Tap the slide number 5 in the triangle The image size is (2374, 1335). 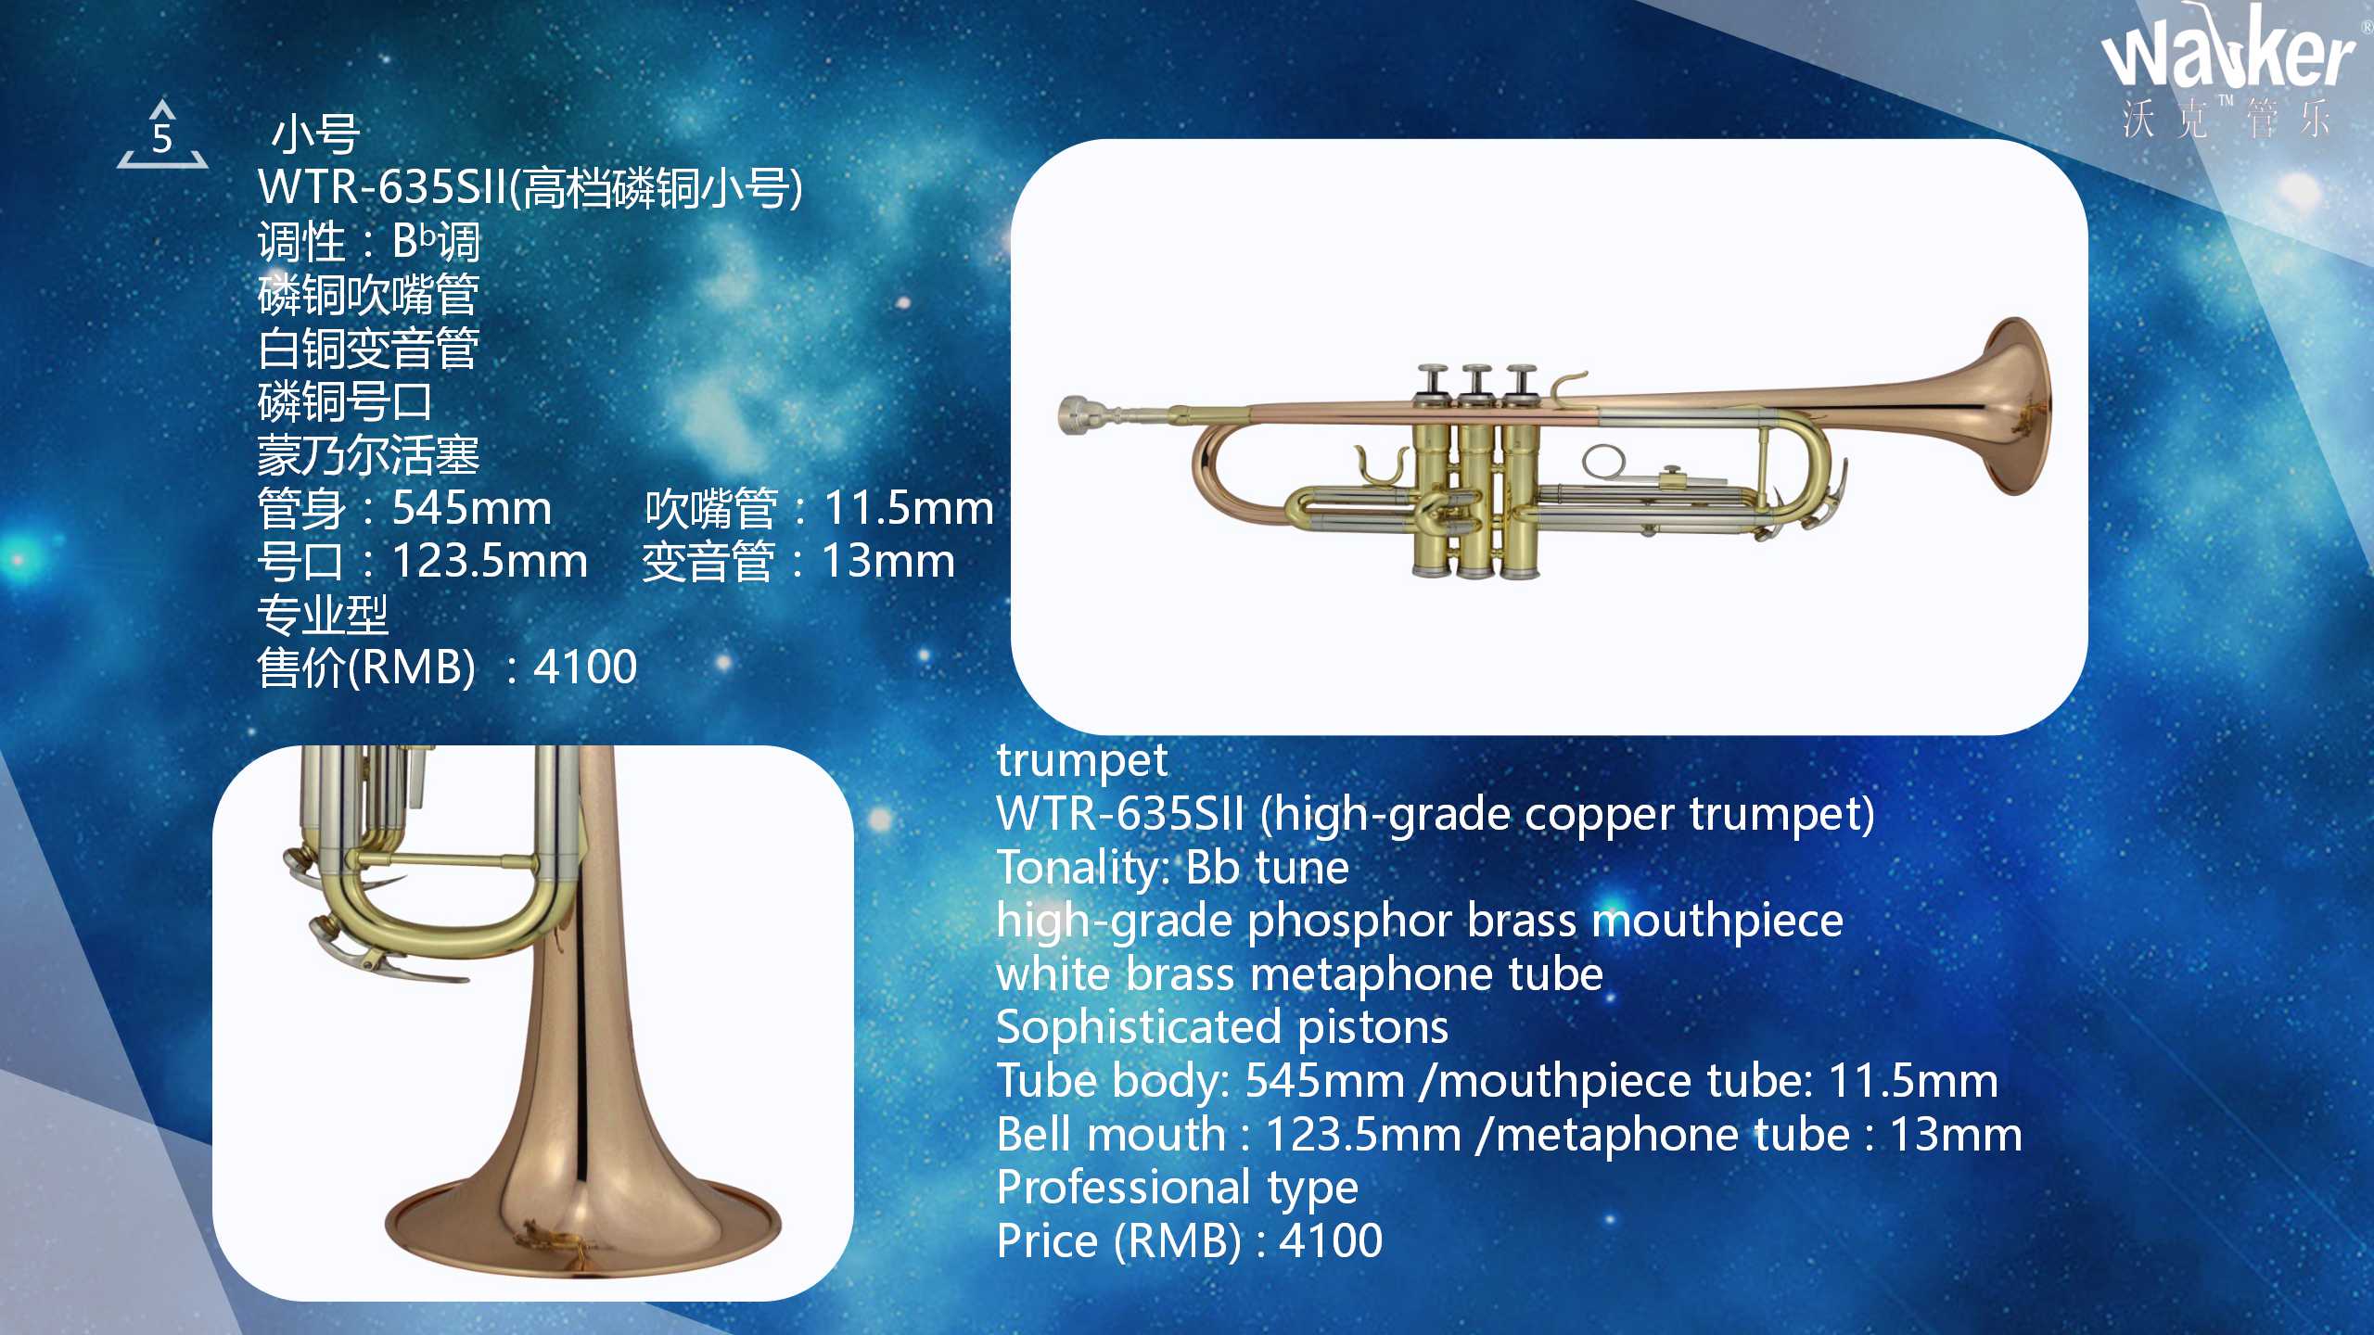tap(162, 139)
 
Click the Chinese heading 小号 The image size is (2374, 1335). tap(315, 134)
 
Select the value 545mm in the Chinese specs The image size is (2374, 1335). tap(471, 508)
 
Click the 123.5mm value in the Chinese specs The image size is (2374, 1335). tap(490, 561)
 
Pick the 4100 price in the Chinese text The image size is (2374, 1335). tap(586, 667)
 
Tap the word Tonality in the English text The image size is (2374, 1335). tap(1077, 870)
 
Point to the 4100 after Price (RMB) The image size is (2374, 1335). tap(1331, 1240)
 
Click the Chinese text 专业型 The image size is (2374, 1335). tap(323, 614)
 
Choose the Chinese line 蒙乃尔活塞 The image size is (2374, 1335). tap(368, 455)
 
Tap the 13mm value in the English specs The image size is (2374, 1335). tap(1956, 1134)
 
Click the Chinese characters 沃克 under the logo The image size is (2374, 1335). tap(2166, 119)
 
